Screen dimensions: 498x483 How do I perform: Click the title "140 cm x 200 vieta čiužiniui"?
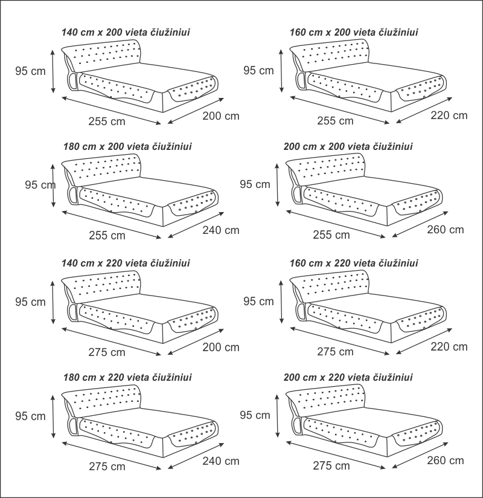click(x=126, y=32)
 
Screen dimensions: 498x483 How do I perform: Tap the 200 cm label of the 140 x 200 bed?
click(x=221, y=115)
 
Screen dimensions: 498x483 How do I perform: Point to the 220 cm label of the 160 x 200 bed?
click(x=449, y=115)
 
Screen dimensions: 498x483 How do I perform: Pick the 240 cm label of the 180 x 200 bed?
click(x=221, y=230)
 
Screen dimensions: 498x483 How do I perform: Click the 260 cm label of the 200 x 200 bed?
click(x=446, y=230)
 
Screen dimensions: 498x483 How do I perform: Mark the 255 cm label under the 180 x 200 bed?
click(x=106, y=235)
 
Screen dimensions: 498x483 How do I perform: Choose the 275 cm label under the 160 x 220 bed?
click(x=335, y=351)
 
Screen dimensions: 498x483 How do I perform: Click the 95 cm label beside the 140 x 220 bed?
click(x=30, y=302)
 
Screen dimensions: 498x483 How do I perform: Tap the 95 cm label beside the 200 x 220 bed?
click(x=255, y=415)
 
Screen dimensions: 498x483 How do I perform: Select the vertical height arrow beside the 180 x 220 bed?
click(x=54, y=416)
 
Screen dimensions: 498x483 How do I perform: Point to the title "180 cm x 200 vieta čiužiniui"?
click(x=127, y=146)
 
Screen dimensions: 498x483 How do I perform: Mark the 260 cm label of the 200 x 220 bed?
click(x=446, y=461)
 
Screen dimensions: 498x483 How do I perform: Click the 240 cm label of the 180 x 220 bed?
click(x=221, y=461)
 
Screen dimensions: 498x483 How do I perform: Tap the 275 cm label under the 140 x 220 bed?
click(x=106, y=351)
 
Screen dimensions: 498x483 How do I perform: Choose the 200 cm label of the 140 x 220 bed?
click(x=221, y=347)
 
